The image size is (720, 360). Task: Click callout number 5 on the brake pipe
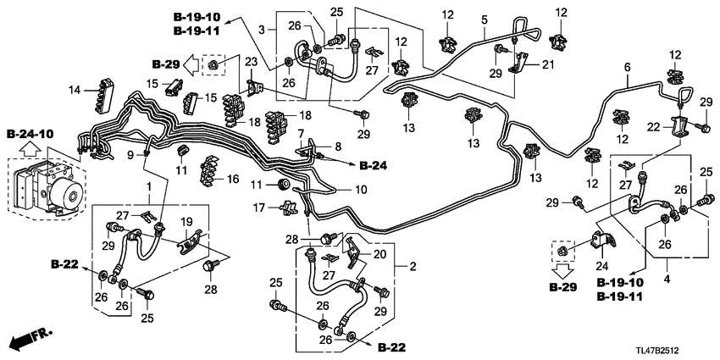[485, 19]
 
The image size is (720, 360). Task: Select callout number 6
[628, 68]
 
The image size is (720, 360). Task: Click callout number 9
[130, 155]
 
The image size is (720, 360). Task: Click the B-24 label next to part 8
[373, 165]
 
